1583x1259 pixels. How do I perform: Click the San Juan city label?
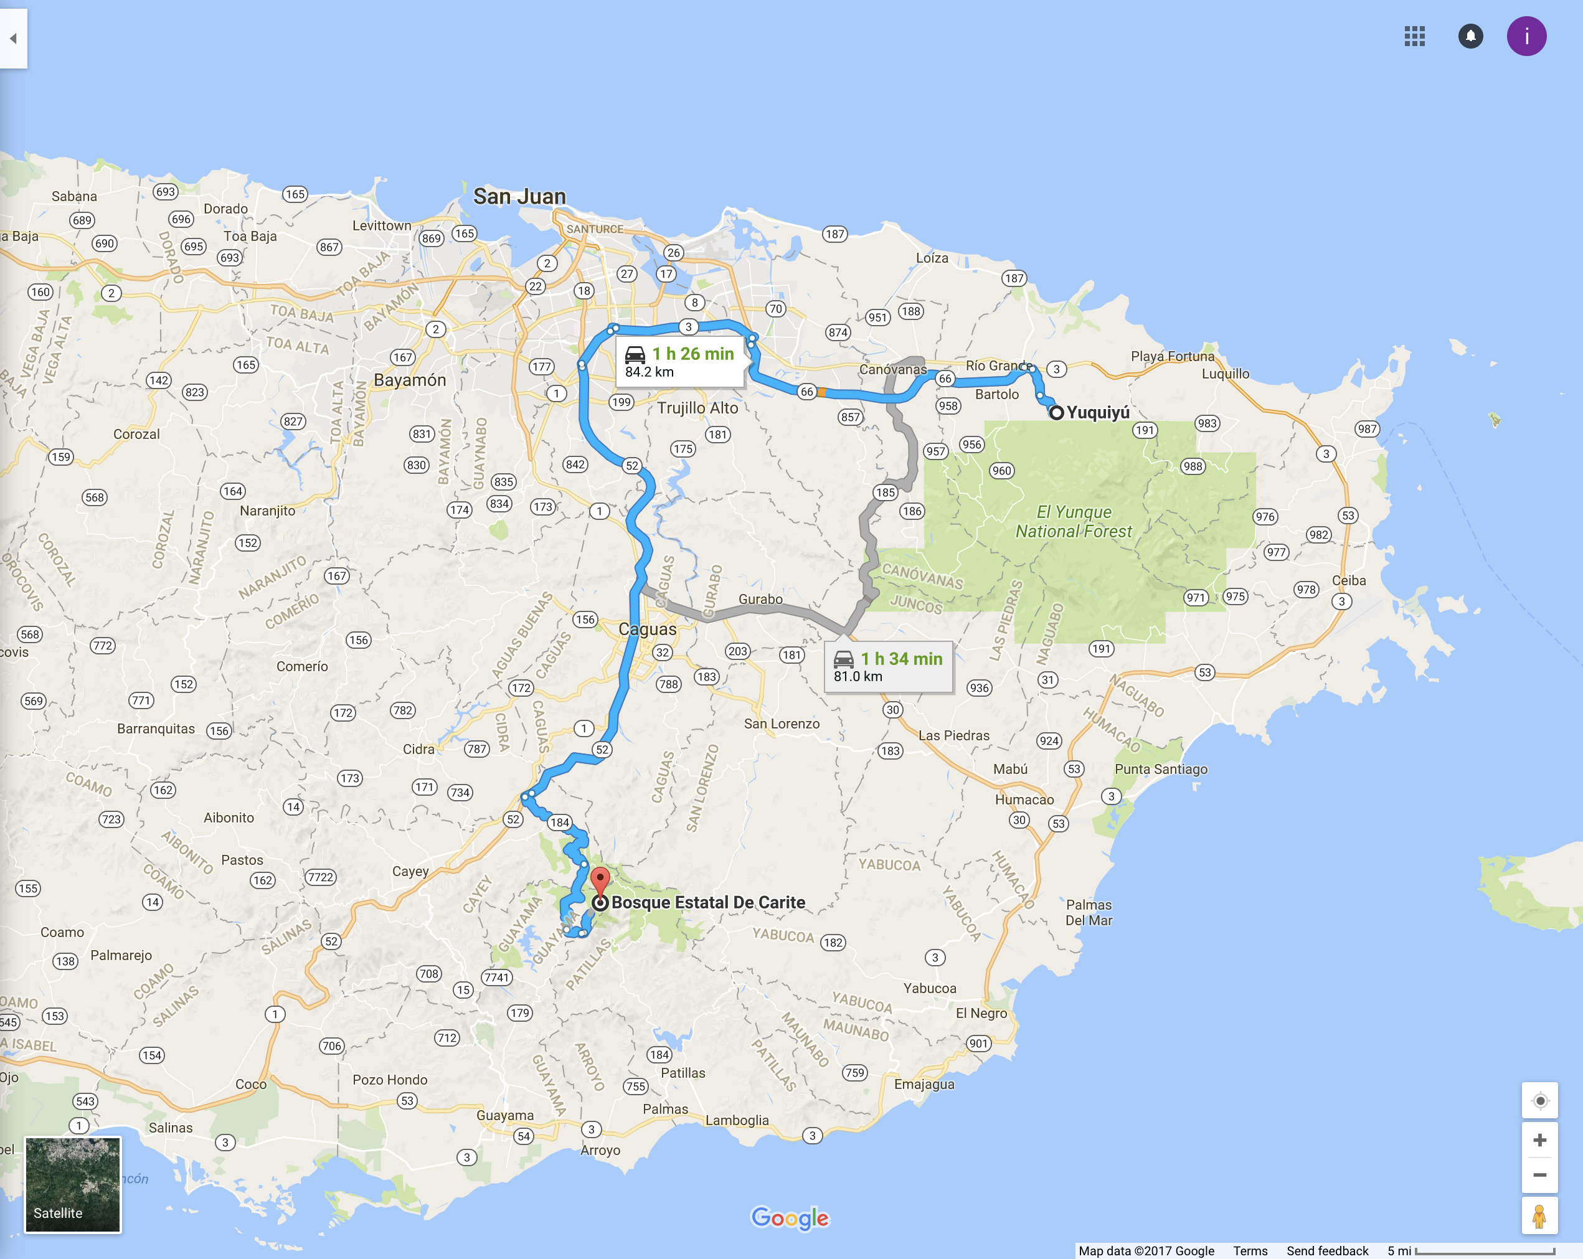[x=519, y=197]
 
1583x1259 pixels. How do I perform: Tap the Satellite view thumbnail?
[x=73, y=1184]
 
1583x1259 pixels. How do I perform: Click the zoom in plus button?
[x=1539, y=1140]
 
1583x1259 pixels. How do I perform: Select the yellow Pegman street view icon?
[x=1539, y=1215]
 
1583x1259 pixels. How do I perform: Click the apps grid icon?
[x=1414, y=36]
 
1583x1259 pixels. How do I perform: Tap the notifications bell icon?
[x=1470, y=36]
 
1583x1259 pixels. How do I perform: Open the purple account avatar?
[x=1526, y=36]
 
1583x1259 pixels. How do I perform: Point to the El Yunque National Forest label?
[x=1074, y=521]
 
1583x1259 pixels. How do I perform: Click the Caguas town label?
[x=647, y=629]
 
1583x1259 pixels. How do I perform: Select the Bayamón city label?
[x=410, y=380]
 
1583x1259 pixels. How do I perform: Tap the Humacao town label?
[x=1024, y=799]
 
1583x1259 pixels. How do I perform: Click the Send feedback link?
[x=1327, y=1251]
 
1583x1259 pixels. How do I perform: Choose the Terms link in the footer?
[x=1250, y=1251]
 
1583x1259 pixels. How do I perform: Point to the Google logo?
[x=789, y=1218]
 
